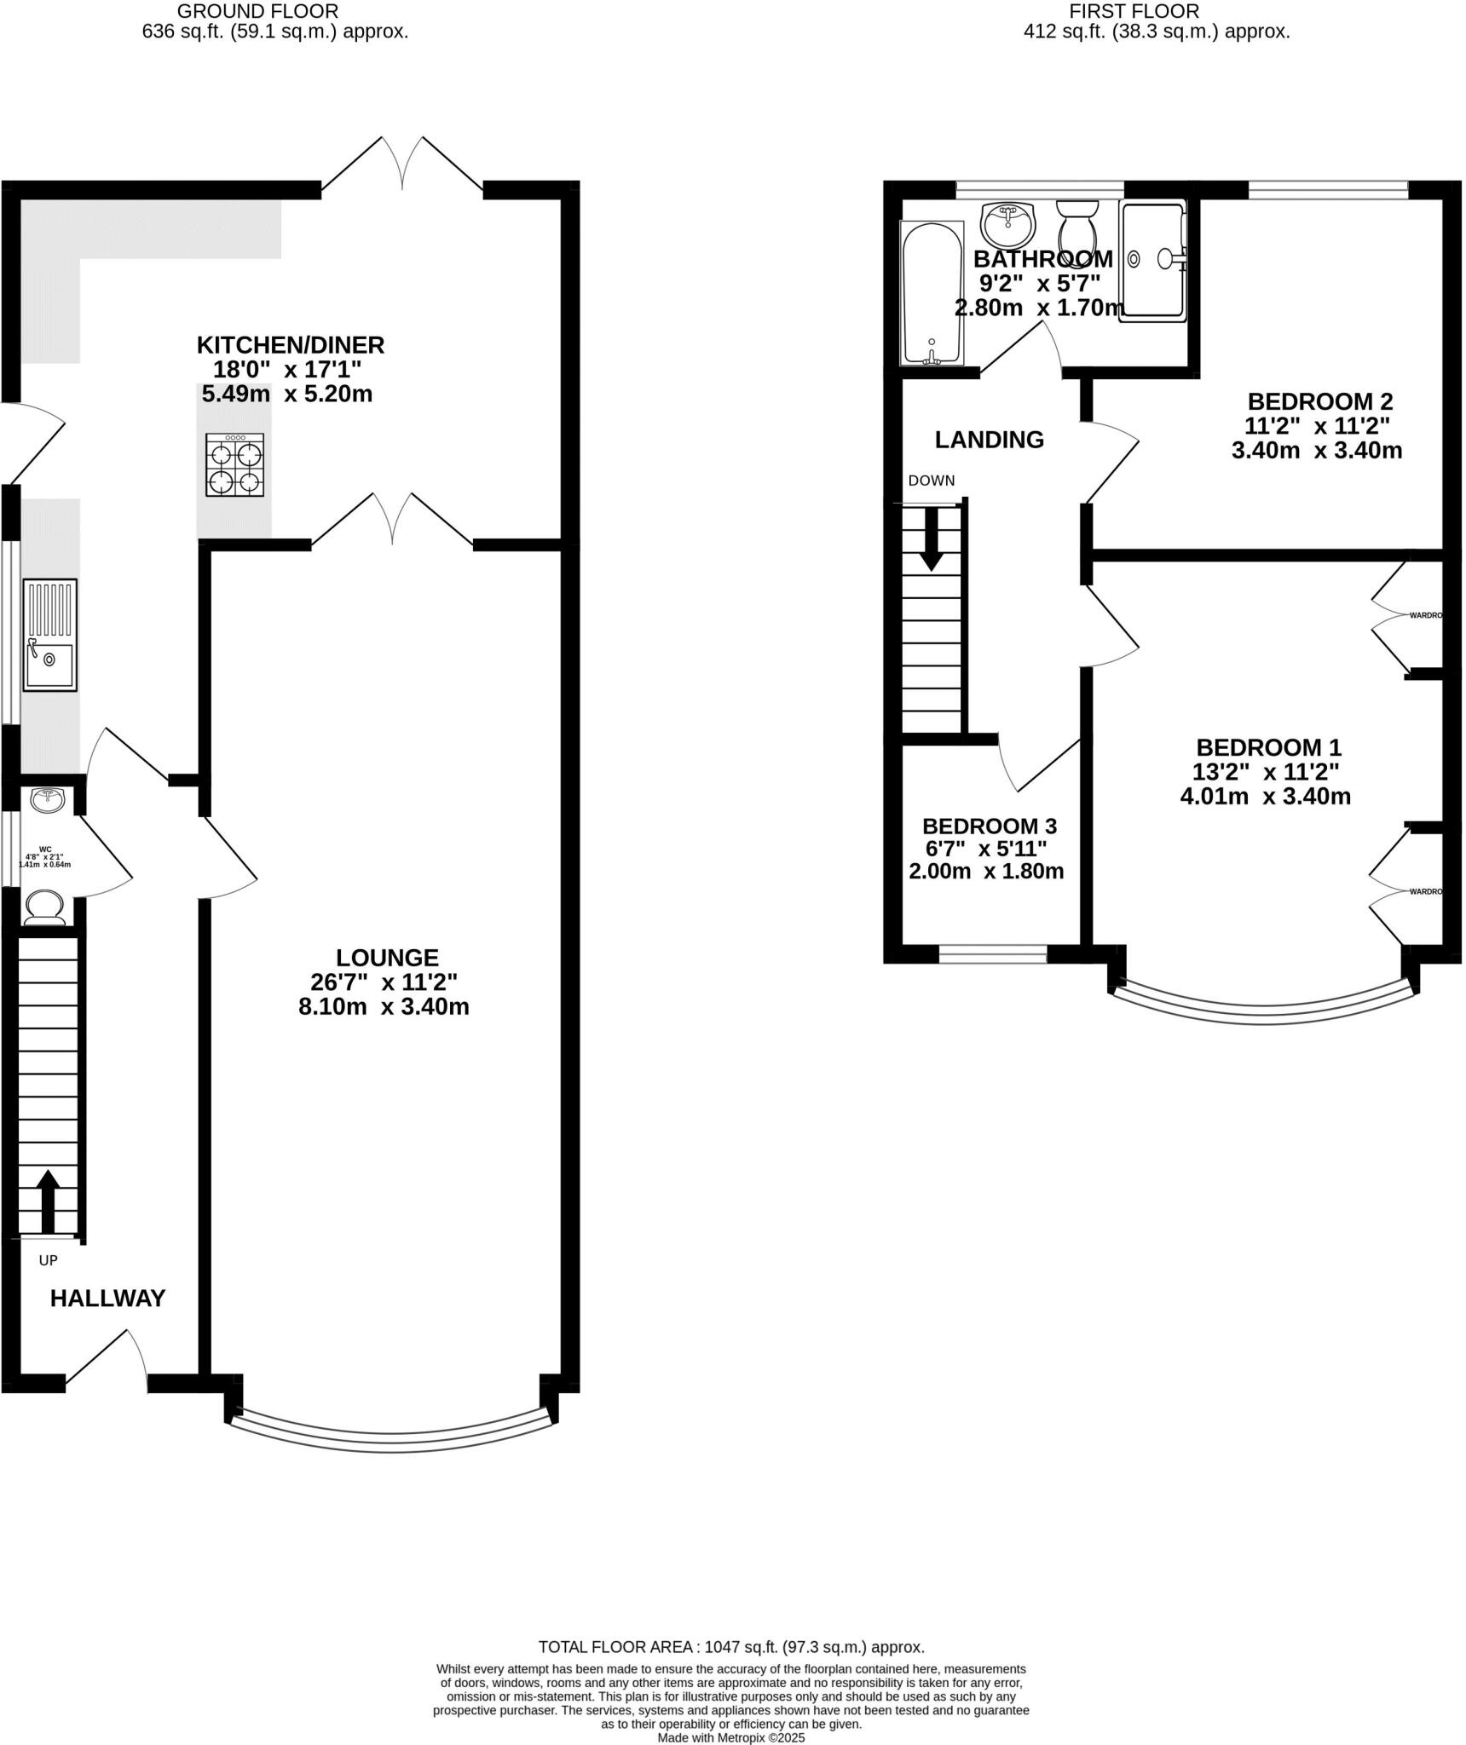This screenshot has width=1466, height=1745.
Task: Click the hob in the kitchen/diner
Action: pos(234,465)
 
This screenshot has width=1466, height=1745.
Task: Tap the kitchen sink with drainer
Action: pos(49,635)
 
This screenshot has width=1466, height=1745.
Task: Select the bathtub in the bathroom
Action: pos(932,292)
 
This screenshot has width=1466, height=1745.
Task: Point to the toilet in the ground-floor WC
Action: pos(44,907)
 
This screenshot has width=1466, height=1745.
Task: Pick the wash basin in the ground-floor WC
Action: pos(48,799)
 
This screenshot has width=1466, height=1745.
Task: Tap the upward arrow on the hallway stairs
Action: pos(48,1200)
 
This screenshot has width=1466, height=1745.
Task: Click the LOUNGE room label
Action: pos(387,958)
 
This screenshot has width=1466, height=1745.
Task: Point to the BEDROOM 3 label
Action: pos(989,826)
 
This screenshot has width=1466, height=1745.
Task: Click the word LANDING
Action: pos(989,440)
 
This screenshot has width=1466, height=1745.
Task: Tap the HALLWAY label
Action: pos(107,1299)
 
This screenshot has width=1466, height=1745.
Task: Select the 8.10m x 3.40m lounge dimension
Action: pos(384,1007)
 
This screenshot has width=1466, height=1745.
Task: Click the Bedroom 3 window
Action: pos(992,955)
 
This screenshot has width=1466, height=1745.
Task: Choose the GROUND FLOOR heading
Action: pos(257,12)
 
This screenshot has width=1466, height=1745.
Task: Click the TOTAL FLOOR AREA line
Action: pos(731,1648)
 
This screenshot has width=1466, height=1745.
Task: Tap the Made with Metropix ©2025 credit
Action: pos(731,1738)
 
